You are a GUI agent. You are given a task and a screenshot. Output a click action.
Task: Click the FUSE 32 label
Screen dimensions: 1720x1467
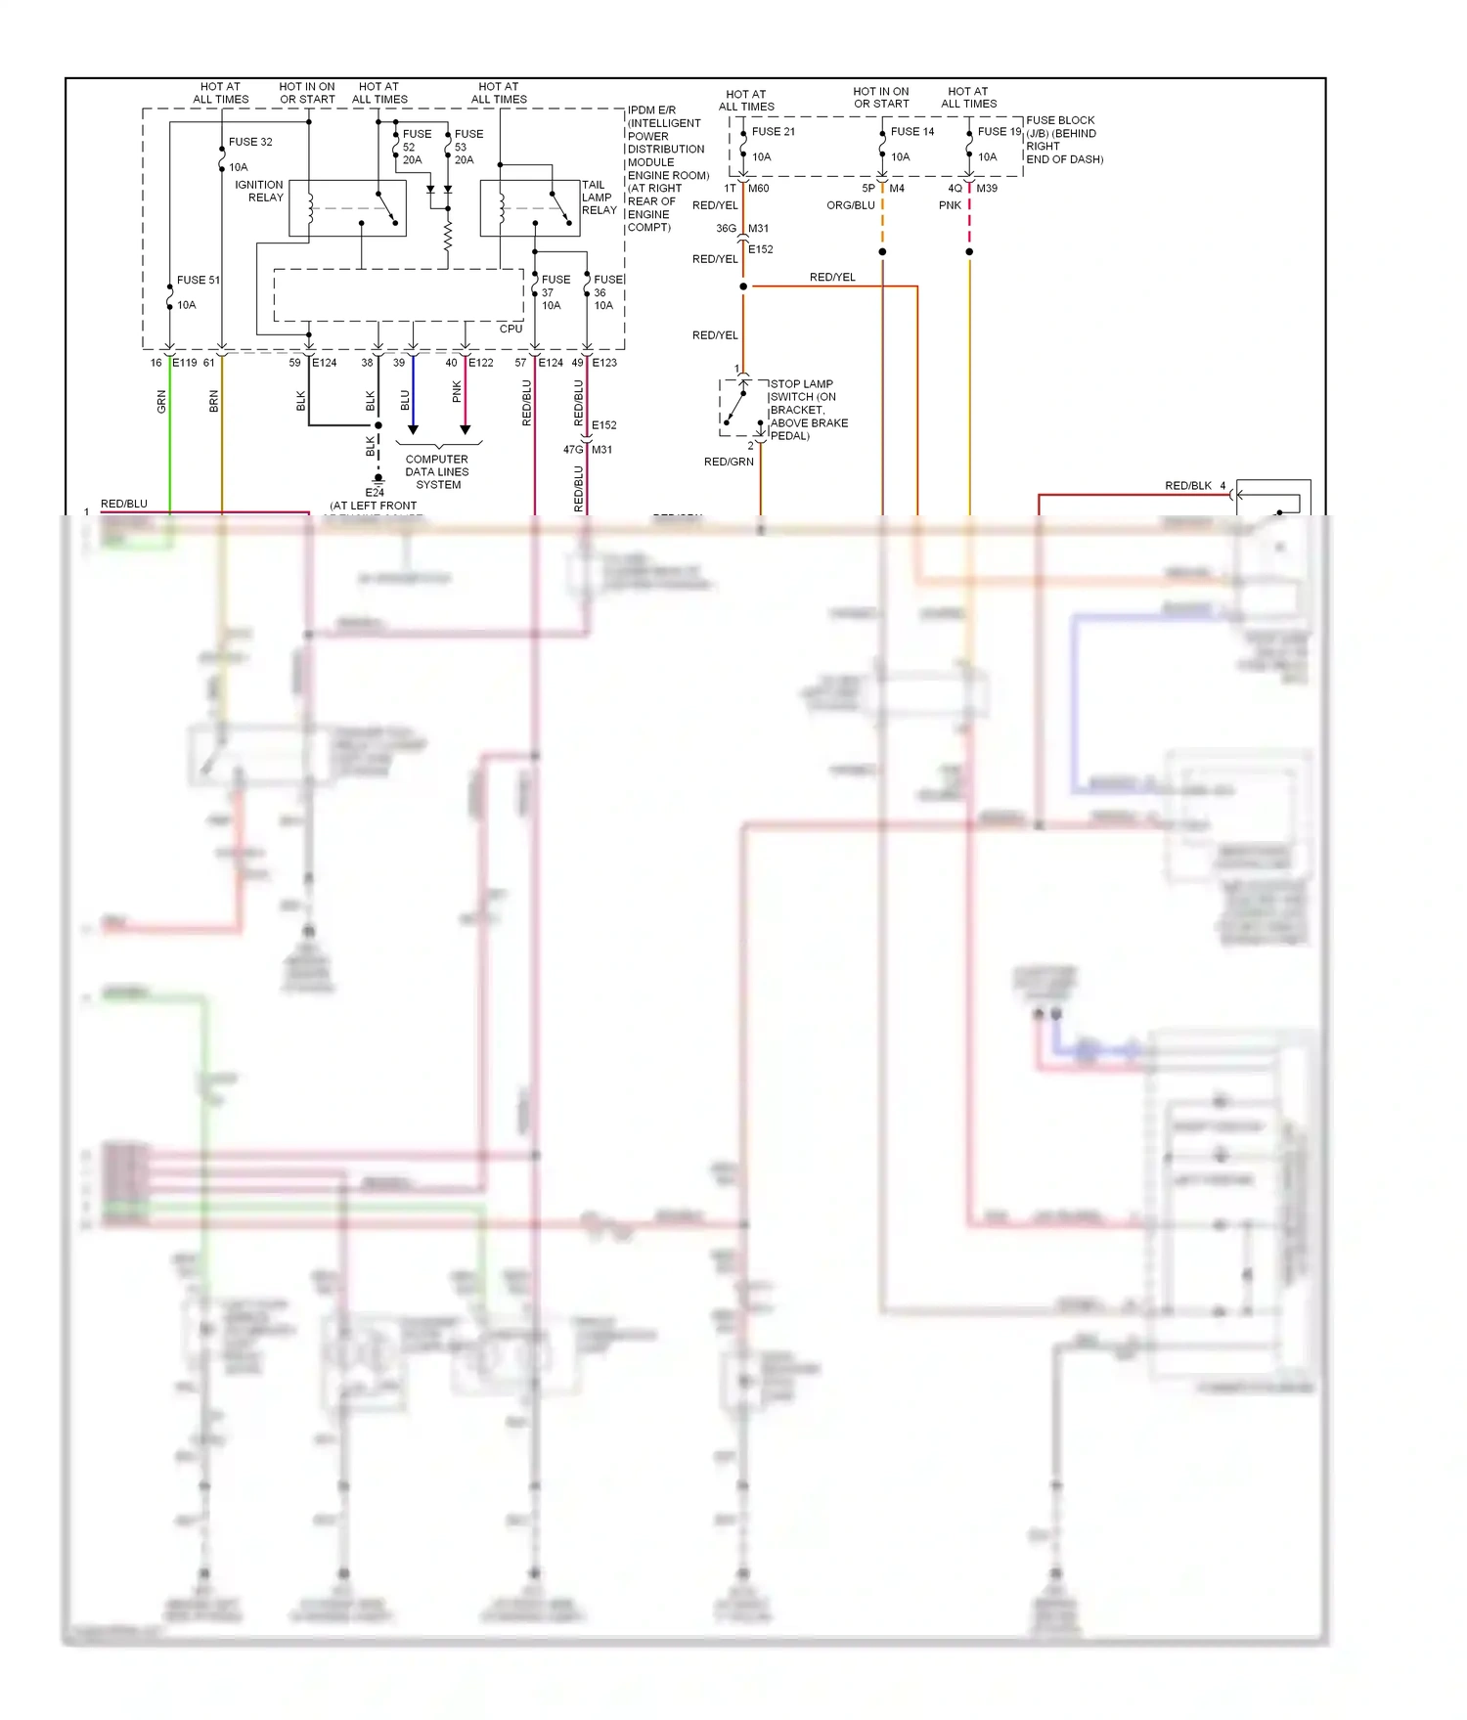coord(250,142)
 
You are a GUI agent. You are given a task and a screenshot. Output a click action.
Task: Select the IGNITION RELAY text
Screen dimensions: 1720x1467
coord(259,191)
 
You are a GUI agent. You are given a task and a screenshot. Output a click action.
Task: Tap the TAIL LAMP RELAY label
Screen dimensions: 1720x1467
coord(599,198)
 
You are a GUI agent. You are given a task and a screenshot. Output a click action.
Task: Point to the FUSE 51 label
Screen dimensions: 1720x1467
coord(199,280)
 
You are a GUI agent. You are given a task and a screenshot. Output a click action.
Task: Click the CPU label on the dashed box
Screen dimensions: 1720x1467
coord(511,329)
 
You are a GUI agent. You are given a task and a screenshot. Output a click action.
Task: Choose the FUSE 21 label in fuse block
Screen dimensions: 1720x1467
coord(773,132)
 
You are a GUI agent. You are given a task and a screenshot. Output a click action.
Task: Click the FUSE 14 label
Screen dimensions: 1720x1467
coord(911,132)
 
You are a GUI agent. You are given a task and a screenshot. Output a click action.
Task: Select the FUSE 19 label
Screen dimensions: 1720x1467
coord(999,132)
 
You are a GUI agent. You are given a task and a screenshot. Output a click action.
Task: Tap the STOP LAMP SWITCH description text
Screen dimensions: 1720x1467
coord(809,410)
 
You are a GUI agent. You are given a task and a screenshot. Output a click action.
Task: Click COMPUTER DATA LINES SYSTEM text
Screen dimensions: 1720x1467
coord(437,471)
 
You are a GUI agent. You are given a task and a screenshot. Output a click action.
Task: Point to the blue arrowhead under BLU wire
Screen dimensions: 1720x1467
coord(413,429)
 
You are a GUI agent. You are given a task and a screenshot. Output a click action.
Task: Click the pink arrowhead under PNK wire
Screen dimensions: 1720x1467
coord(466,429)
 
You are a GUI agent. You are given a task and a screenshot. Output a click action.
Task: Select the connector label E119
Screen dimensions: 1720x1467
coord(185,363)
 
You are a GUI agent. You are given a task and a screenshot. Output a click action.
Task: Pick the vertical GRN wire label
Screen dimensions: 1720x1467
coord(161,401)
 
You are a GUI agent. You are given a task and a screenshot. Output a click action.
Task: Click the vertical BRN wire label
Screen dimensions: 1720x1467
coord(213,401)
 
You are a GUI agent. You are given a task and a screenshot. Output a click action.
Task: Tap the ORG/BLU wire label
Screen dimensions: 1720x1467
coord(850,205)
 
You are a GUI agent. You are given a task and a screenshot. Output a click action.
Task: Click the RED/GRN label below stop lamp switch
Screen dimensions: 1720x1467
coord(729,462)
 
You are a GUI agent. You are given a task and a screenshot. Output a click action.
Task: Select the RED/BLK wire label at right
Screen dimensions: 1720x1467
coord(1187,485)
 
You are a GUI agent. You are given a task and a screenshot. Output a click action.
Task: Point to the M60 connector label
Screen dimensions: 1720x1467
coord(759,189)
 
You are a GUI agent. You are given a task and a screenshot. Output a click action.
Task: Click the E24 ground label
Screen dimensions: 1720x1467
coord(375,492)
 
